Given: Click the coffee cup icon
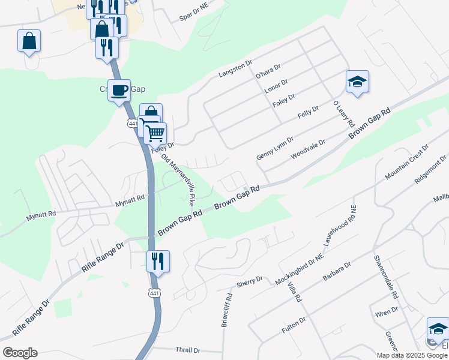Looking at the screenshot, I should (119, 90).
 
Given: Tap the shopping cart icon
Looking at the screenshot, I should (155, 132).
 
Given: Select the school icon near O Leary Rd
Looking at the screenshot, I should (357, 82).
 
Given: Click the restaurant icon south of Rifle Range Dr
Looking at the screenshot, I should (158, 261).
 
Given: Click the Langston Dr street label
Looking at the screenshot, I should (236, 68).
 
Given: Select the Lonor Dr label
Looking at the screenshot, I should (277, 85).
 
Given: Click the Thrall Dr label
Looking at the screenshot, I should (188, 350).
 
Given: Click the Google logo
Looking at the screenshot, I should (20, 353).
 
